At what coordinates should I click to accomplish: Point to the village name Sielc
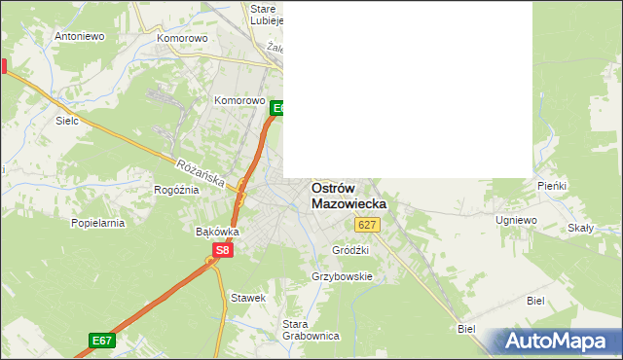point(67,122)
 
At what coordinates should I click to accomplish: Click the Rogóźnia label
point(176,190)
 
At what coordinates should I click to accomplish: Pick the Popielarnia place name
point(98,222)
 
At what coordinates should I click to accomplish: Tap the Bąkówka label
point(217,232)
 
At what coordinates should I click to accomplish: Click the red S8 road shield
point(223,250)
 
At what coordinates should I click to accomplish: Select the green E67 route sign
point(102,340)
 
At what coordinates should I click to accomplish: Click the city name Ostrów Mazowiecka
point(348,197)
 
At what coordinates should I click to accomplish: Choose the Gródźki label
point(350,250)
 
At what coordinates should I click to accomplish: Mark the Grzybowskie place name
point(342,276)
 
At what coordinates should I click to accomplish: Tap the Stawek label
point(247,297)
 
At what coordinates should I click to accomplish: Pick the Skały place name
point(580,228)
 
